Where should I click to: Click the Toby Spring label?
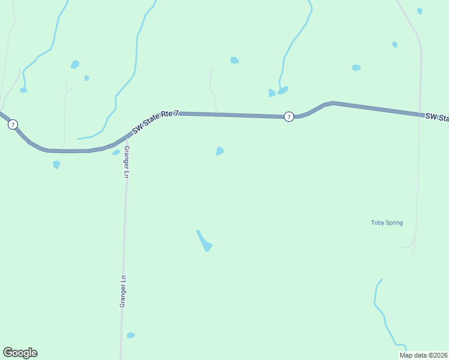click(x=387, y=223)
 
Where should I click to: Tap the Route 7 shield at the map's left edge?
click(x=13, y=125)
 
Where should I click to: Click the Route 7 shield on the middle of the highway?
click(x=289, y=116)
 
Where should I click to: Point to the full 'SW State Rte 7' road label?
click(x=155, y=121)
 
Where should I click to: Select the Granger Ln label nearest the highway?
click(x=126, y=161)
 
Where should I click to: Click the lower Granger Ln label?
click(x=122, y=292)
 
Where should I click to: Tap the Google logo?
click(x=20, y=353)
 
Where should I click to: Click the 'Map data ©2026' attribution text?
click(x=423, y=355)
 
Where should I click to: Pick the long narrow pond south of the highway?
click(x=204, y=241)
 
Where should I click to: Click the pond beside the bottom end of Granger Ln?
click(x=131, y=335)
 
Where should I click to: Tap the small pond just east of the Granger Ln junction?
click(x=116, y=152)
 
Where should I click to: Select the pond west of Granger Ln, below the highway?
click(x=56, y=164)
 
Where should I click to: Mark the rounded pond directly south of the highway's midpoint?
click(x=220, y=151)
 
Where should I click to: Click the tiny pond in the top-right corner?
click(x=420, y=11)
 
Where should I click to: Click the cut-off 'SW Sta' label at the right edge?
click(x=437, y=118)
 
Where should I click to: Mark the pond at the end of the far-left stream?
click(x=23, y=90)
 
